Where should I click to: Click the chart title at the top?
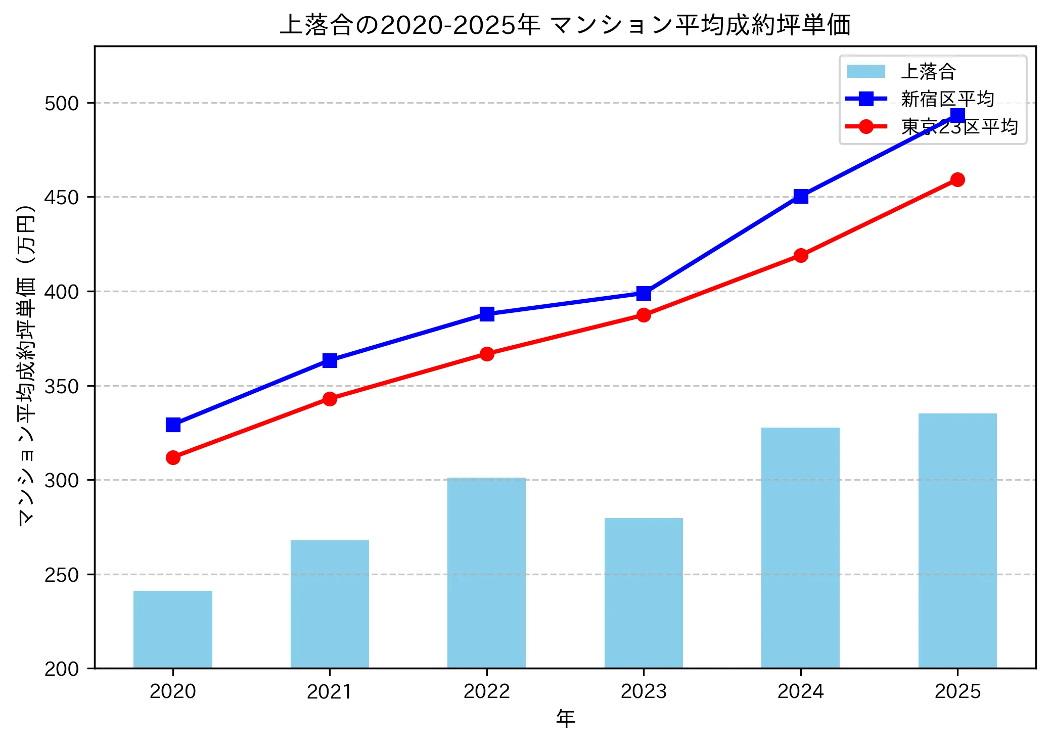(565, 25)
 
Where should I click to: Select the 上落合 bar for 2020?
(173, 629)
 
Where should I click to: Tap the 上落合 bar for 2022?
(486, 573)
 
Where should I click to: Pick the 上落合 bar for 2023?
(644, 593)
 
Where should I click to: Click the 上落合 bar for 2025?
(957, 541)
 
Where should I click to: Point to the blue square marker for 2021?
(330, 360)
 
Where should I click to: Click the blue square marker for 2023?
(644, 293)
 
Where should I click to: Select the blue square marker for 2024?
(801, 196)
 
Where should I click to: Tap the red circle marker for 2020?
(173, 457)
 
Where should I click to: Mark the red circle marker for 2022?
(487, 354)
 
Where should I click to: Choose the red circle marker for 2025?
(957, 179)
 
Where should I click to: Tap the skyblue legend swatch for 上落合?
(866, 71)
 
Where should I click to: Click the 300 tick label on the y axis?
(62, 480)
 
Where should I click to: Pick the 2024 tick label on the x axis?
(800, 691)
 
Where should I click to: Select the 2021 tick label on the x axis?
(330, 691)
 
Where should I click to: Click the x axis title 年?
(565, 719)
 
